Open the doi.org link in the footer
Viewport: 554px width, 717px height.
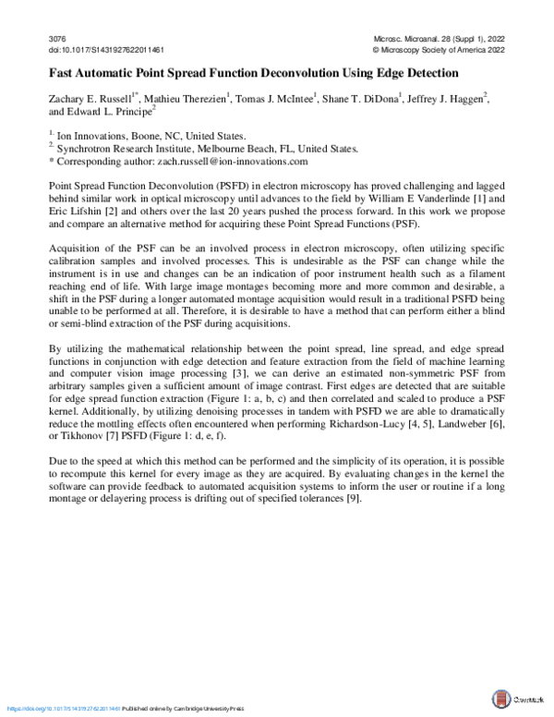pos(65,708)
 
